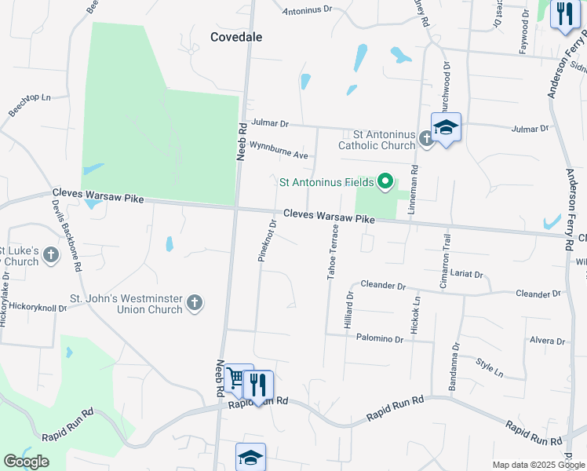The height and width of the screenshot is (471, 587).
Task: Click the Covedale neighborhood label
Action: point(235,37)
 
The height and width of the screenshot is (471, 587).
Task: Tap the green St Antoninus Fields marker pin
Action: point(385,182)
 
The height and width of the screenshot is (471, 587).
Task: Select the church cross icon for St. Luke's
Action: point(51,254)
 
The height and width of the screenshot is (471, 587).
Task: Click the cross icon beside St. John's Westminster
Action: point(195,301)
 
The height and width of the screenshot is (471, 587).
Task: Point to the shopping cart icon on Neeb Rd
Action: point(236,380)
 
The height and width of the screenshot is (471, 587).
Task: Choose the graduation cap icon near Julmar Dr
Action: point(446,127)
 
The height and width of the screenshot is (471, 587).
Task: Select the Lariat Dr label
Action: point(467,275)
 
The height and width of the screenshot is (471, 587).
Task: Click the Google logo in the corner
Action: point(26,462)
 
